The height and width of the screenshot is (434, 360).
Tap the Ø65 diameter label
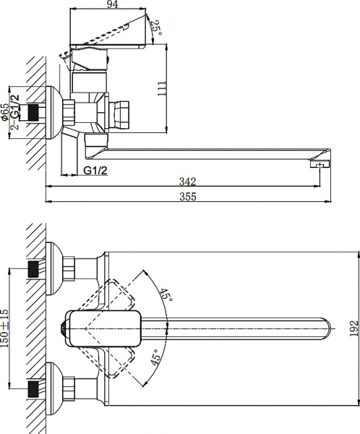(x=6, y=112)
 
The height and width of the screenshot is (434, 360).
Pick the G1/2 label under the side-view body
(x=95, y=171)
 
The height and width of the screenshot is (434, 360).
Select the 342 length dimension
(x=187, y=181)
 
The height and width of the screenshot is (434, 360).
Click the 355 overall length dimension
(x=187, y=196)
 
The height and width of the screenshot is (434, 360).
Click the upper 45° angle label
(x=166, y=295)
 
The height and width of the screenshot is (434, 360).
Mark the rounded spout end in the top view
(x=327, y=330)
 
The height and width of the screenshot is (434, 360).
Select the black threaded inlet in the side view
(x=31, y=113)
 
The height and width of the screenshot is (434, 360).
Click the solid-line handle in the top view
(x=102, y=329)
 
